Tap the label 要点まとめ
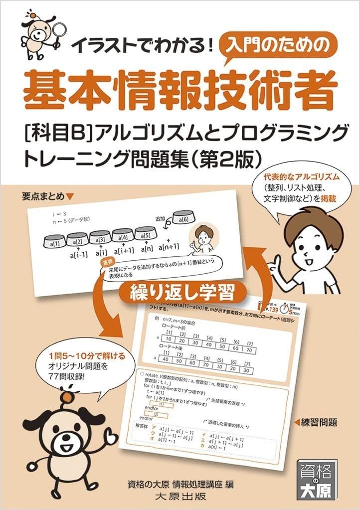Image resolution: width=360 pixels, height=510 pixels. click(45, 195)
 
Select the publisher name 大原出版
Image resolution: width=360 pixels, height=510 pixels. click(180, 497)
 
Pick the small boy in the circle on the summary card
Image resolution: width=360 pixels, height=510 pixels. click(203, 238)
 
